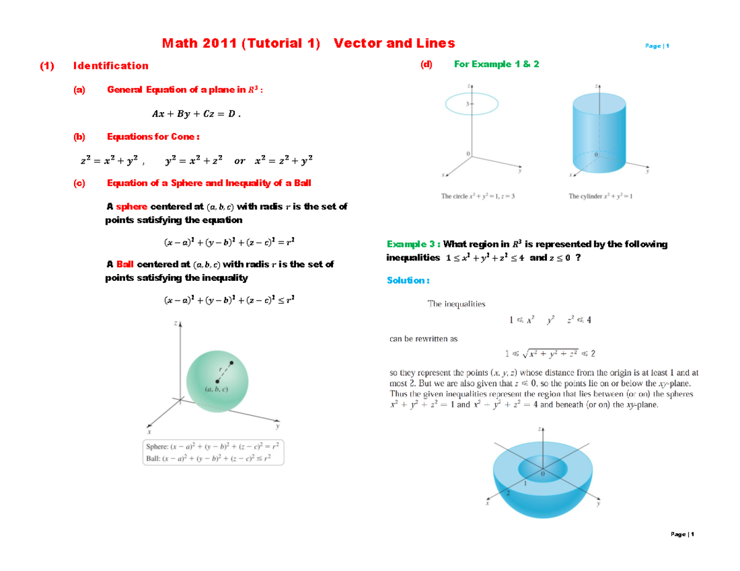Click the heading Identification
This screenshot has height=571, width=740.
110,65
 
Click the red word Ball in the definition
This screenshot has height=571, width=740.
125,264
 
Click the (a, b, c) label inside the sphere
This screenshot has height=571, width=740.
216,389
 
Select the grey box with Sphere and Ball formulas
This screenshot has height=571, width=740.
213,452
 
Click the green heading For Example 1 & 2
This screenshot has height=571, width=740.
496,64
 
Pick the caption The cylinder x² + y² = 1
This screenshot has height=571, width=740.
601,197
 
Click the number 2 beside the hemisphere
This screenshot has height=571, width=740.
508,493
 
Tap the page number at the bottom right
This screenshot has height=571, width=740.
682,534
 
